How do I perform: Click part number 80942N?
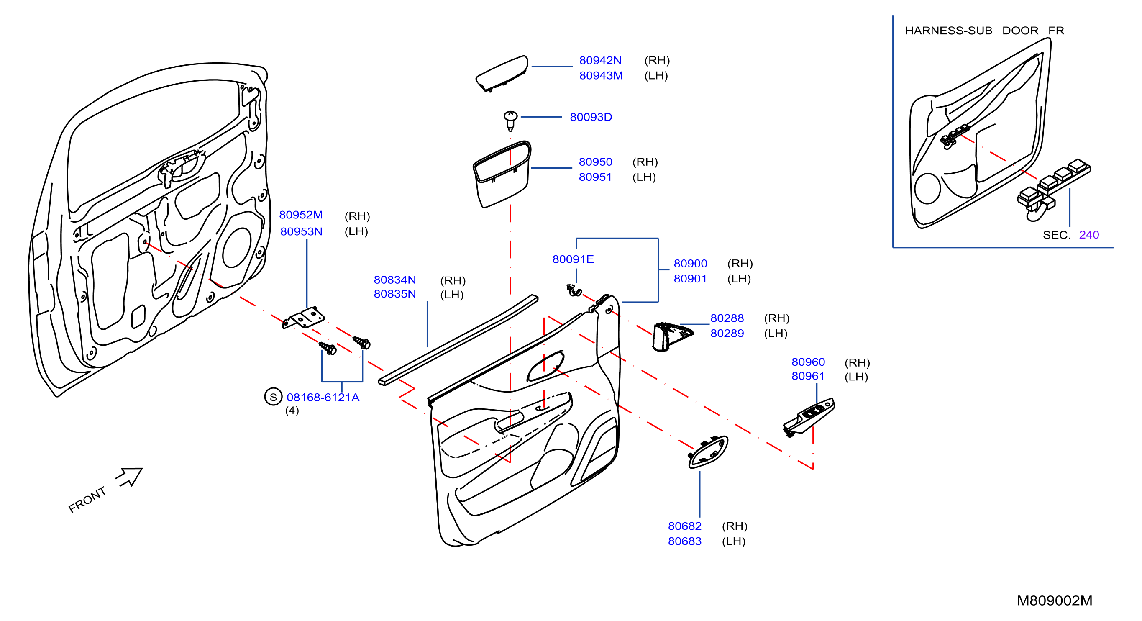(600, 60)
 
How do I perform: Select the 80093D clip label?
(591, 117)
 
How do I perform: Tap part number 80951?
(595, 177)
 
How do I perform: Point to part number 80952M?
(301, 215)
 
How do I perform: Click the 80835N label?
(395, 294)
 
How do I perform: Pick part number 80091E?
(573, 259)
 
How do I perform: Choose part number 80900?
(691, 264)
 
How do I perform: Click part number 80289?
(727, 334)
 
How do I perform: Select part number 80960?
(808, 362)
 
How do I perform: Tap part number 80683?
(685, 541)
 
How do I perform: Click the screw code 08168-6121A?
(323, 398)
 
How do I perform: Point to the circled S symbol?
(273, 397)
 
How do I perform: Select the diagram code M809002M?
(1055, 600)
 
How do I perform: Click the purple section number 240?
(1089, 235)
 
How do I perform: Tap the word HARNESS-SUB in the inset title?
(949, 31)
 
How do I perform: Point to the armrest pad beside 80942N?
(502, 74)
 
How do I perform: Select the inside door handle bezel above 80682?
(708, 452)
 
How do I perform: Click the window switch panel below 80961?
(809, 417)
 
